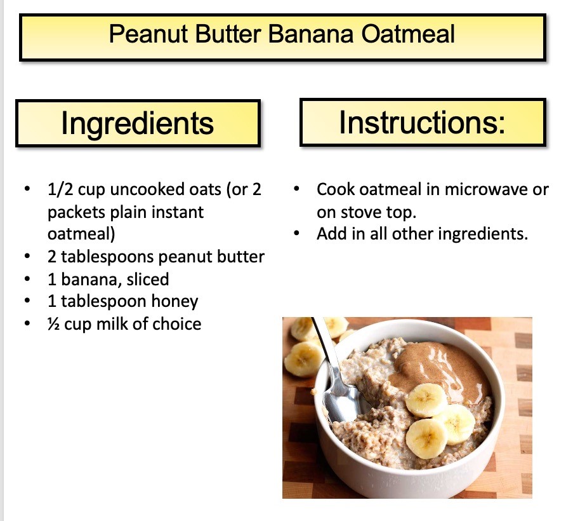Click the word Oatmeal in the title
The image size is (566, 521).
click(408, 34)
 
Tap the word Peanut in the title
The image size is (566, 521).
click(148, 34)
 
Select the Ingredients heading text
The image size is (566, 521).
click(138, 123)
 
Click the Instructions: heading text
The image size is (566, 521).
click(422, 122)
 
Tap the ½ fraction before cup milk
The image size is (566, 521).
click(53, 324)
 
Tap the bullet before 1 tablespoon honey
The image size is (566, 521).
click(27, 301)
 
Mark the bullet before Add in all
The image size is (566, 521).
click(297, 234)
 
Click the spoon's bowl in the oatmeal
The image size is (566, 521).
click(341, 401)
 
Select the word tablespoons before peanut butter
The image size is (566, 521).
click(108, 257)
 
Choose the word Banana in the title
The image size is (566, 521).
click(310, 34)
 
